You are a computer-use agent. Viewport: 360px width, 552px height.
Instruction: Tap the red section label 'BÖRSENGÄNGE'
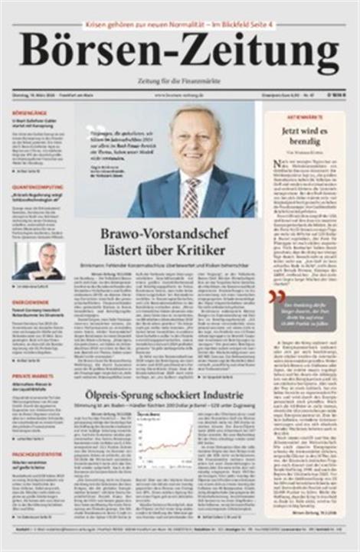tap(25, 113)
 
